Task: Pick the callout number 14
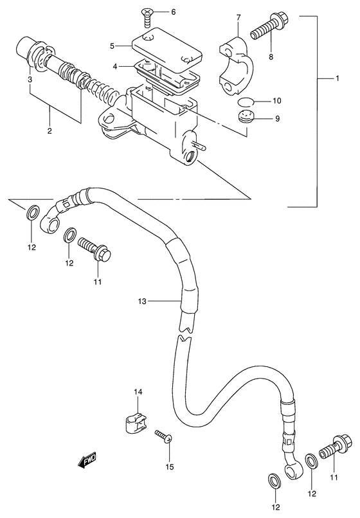(137, 392)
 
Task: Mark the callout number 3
(30, 79)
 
